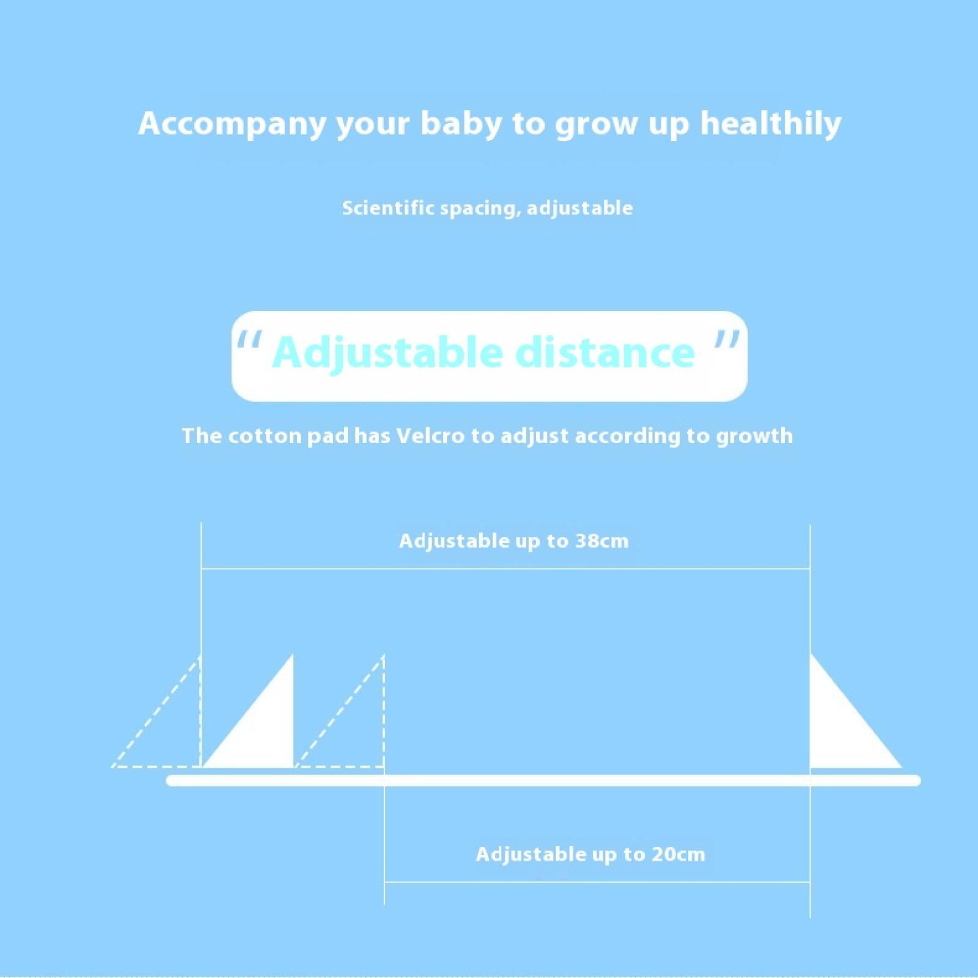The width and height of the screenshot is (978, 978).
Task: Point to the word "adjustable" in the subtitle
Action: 580,208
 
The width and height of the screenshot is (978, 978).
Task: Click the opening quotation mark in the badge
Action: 249,340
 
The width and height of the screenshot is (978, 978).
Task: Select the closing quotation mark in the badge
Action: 727,339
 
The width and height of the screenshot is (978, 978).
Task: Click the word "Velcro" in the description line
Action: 430,436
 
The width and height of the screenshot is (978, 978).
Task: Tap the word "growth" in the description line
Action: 754,437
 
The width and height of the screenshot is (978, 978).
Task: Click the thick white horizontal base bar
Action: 543,781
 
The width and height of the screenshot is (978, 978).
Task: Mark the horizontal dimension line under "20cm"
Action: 597,882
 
